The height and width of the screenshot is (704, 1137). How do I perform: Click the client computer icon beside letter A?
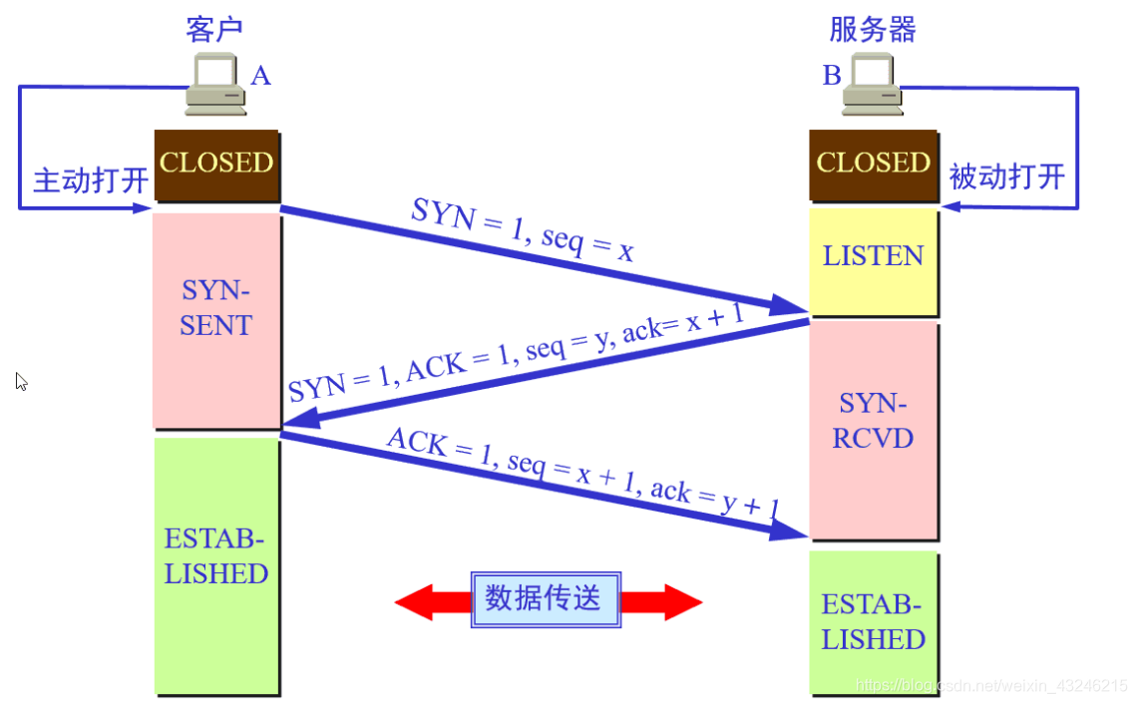(x=218, y=81)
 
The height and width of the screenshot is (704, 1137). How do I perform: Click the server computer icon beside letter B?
(x=872, y=82)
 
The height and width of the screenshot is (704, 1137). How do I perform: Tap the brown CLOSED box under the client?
(x=216, y=163)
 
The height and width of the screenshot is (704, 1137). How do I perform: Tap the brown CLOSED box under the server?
(x=873, y=163)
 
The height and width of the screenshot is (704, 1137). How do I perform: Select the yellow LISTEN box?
(x=873, y=257)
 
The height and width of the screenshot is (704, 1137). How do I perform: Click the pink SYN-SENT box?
(x=216, y=309)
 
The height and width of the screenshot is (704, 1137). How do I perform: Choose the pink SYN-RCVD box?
(x=873, y=421)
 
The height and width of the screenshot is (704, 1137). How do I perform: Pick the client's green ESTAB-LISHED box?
(x=216, y=558)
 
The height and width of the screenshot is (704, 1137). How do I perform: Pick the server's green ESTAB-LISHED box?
(x=873, y=622)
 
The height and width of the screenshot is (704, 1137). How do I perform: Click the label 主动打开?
(x=91, y=180)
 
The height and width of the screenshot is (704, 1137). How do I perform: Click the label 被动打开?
(x=1007, y=177)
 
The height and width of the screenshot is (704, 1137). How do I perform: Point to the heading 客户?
(x=214, y=29)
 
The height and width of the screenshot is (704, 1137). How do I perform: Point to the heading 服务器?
(x=873, y=29)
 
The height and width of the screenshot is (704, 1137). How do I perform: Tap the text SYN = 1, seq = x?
(x=523, y=230)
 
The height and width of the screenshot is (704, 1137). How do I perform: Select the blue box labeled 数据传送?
(x=546, y=599)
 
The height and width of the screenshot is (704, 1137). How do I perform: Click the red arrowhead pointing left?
(x=416, y=602)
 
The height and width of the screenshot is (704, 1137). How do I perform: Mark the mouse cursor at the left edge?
(x=21, y=381)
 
